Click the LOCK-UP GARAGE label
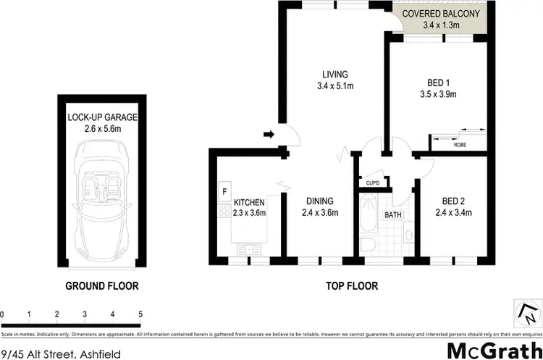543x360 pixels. tap(102, 117)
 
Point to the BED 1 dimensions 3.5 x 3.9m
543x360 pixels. tap(438, 93)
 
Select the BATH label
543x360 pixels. tap(394, 215)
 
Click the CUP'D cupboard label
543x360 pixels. tap(374, 183)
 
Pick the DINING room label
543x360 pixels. tap(320, 202)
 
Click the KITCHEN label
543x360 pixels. tap(250, 202)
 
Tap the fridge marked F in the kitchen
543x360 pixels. tap(225, 193)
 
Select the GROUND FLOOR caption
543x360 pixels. tap(102, 285)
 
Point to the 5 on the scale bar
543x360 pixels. tap(140, 314)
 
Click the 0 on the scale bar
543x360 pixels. tap(3, 314)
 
